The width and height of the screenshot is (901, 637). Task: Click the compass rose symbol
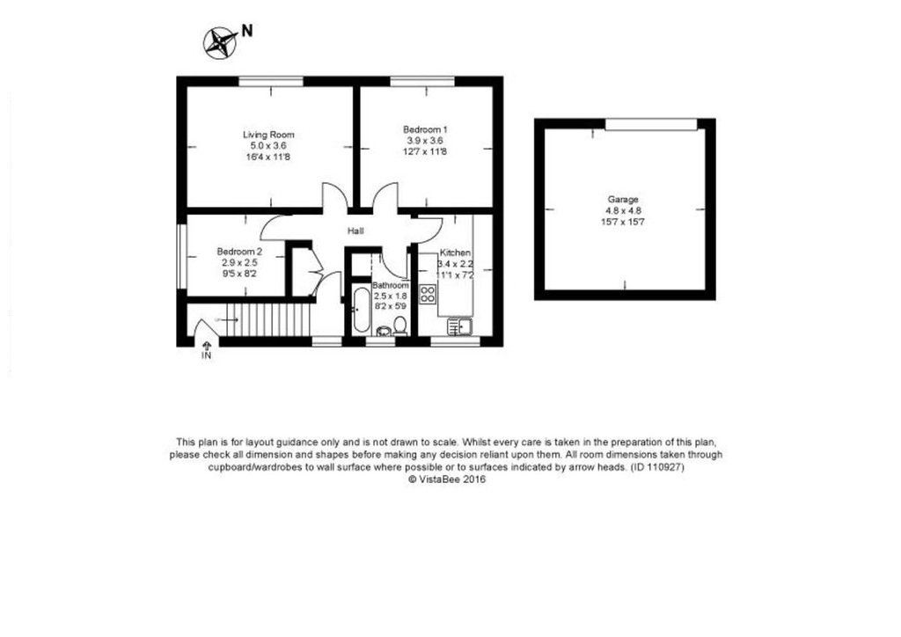pos(221,43)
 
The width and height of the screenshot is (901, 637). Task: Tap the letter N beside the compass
pos(246,31)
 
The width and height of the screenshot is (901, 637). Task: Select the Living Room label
pos(268,135)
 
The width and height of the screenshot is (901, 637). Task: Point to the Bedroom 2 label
pos(239,252)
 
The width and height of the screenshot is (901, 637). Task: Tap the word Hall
pos(355,231)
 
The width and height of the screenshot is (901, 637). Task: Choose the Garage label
pos(623,200)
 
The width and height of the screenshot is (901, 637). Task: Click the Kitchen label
pos(455,253)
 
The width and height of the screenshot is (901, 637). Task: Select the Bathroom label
pos(391,285)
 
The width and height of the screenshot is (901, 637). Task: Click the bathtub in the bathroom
pos(361,309)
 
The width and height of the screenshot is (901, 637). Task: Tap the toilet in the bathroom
pos(400,326)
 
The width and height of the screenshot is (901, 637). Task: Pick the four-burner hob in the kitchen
pos(429,295)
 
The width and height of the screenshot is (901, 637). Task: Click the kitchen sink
pos(459,326)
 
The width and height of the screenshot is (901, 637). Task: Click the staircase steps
pos(267,320)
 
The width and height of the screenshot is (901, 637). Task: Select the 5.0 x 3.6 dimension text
pos(268,146)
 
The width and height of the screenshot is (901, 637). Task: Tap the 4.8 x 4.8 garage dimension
pos(623,211)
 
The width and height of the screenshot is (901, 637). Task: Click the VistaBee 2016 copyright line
pos(446,479)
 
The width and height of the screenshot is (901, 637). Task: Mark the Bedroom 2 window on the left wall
pos(181,256)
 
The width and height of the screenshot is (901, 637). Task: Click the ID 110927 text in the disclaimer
pos(657,467)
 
